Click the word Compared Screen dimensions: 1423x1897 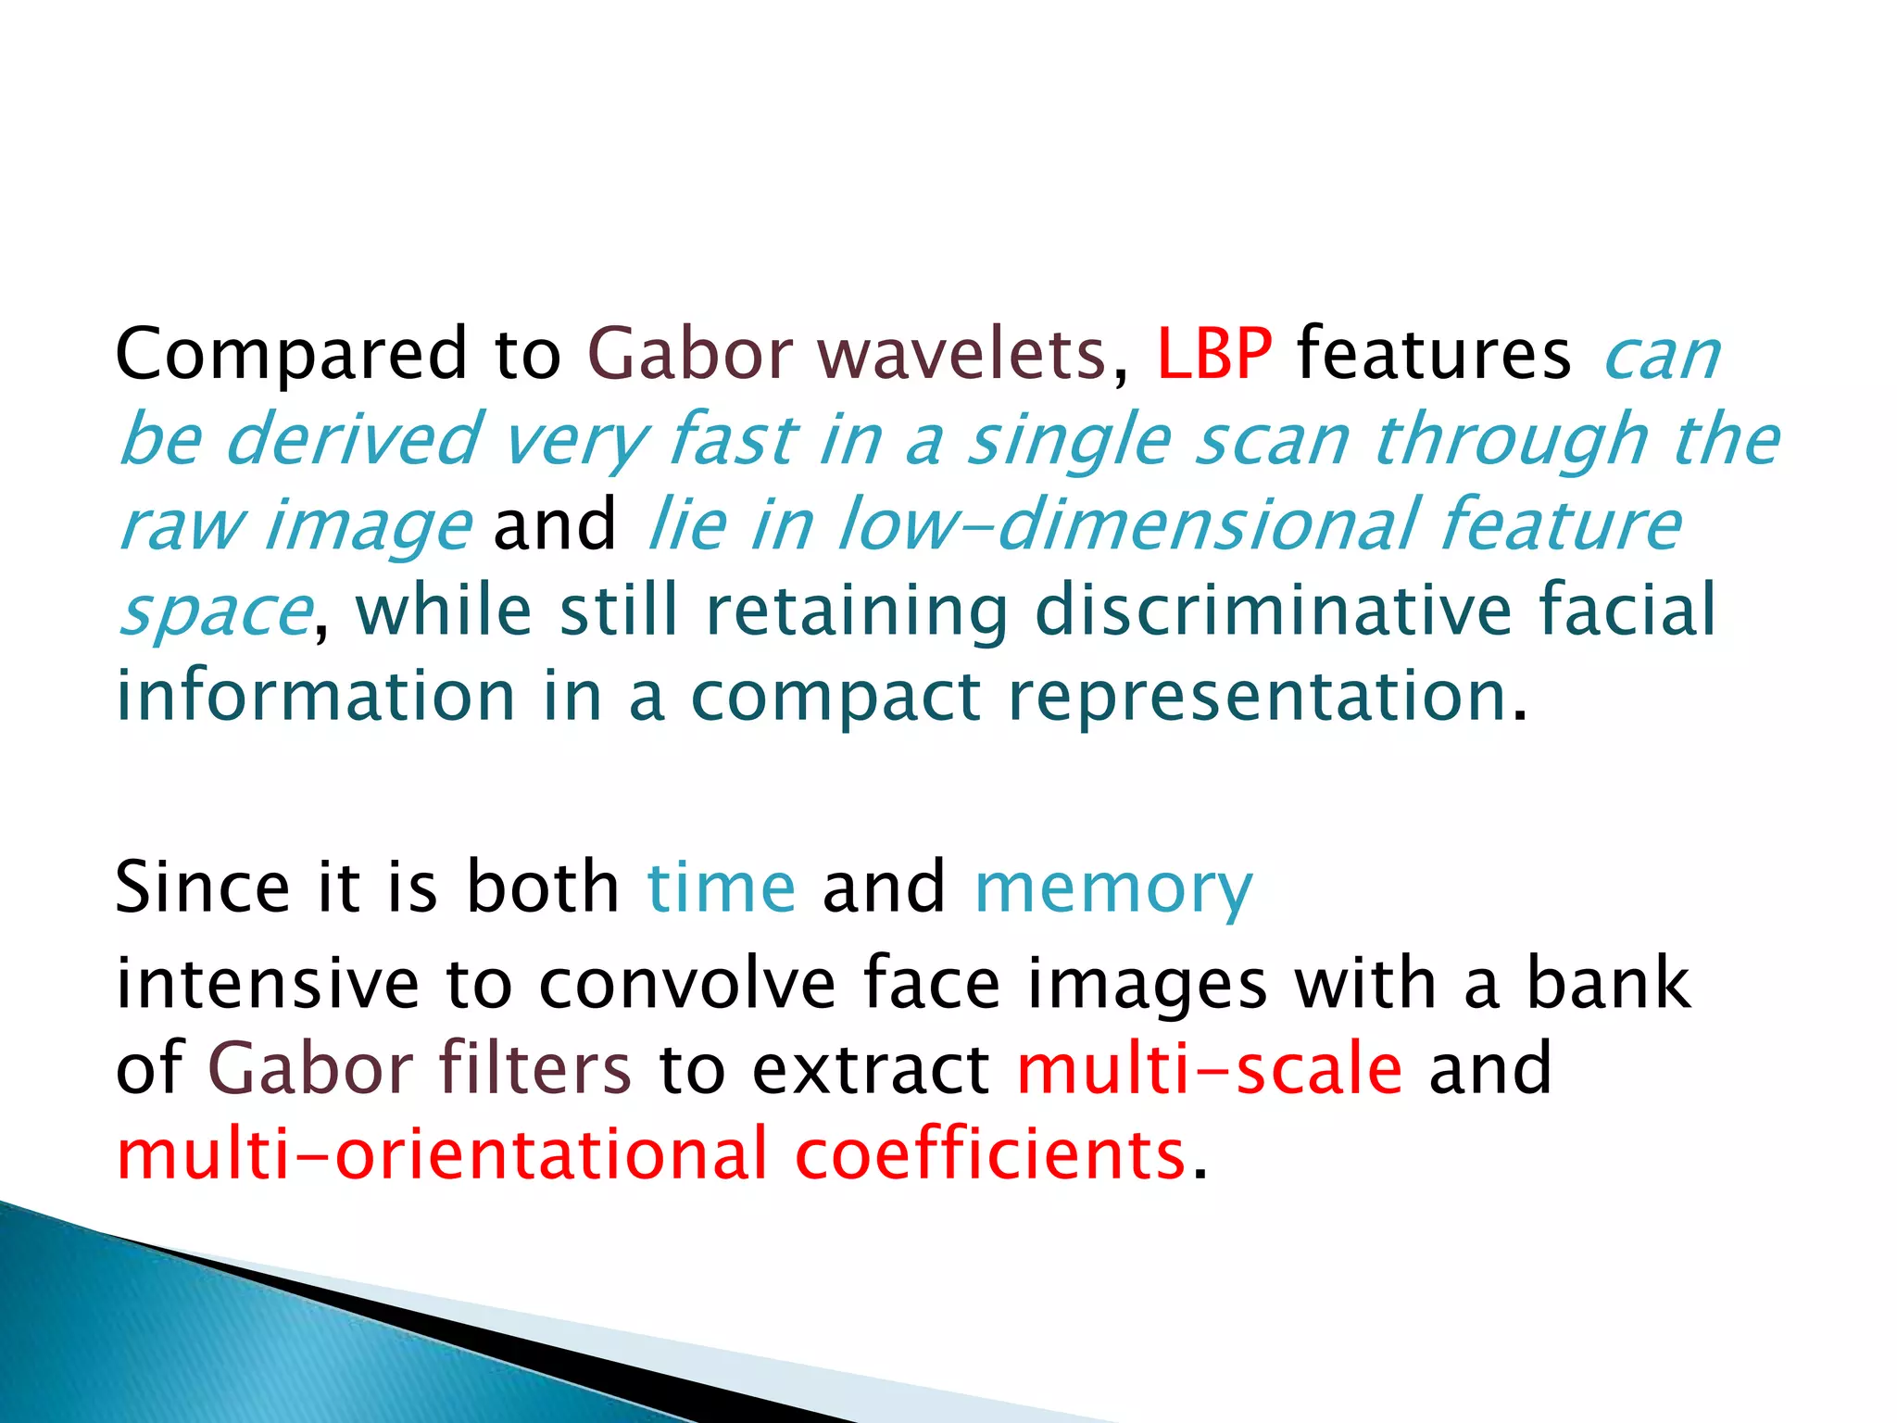pyautogui.click(x=291, y=356)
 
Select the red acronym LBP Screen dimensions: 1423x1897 pyautogui.click(x=1213, y=354)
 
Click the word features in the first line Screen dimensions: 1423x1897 pyautogui.click(x=1434, y=354)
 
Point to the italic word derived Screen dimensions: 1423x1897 pyautogui.click(x=352, y=439)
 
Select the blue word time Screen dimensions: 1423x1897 pyautogui.click(x=721, y=888)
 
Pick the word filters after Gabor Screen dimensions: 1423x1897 pyautogui.click(x=534, y=1068)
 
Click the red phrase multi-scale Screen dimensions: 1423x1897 pyautogui.click(x=1210, y=1068)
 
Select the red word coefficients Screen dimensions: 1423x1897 pyautogui.click(x=990, y=1154)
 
